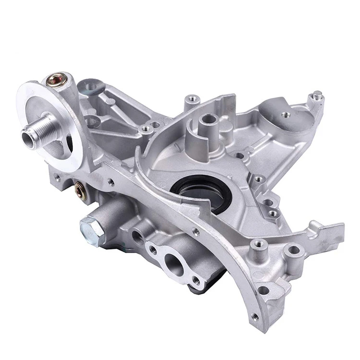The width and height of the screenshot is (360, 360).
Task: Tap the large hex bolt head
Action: pyautogui.click(x=91, y=225)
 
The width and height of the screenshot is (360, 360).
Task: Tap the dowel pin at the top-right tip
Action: pyautogui.click(x=317, y=95)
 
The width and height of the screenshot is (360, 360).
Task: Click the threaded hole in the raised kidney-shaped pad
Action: pyautogui.click(x=285, y=115)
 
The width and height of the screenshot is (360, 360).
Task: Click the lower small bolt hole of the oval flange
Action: pyautogui.click(x=195, y=280)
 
